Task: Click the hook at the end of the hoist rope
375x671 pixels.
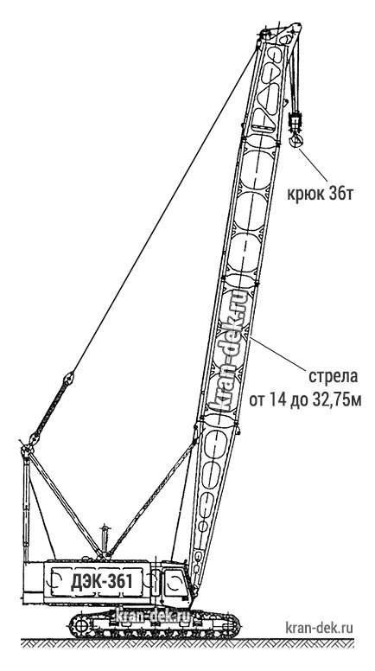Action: (295, 139)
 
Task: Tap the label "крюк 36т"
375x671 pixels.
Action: (320, 195)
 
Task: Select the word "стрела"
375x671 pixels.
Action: (333, 377)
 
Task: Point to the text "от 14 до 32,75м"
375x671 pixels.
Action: (305, 401)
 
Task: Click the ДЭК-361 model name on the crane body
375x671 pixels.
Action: (101, 582)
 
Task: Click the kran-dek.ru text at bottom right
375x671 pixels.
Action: (320, 629)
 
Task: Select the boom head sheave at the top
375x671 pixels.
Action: (264, 34)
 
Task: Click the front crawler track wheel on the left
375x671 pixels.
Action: (80, 626)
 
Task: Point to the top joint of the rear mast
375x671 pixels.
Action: (27, 451)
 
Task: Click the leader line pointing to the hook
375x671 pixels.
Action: (313, 164)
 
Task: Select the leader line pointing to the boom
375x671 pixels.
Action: (278, 353)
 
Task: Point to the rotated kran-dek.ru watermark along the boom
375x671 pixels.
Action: (230, 352)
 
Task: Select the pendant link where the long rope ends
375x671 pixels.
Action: (68, 378)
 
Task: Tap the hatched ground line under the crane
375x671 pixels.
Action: (187, 642)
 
